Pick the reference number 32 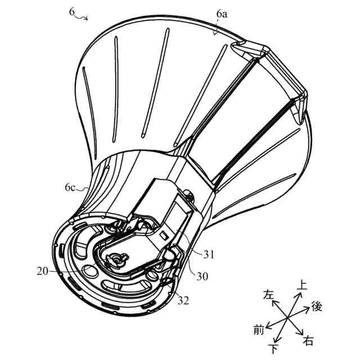pos(183,300)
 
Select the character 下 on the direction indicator pos(274,349)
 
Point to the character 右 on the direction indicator pos(308,341)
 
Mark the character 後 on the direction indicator pos(316,307)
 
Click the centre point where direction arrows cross pos(287,318)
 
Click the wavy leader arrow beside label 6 pos(82,17)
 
